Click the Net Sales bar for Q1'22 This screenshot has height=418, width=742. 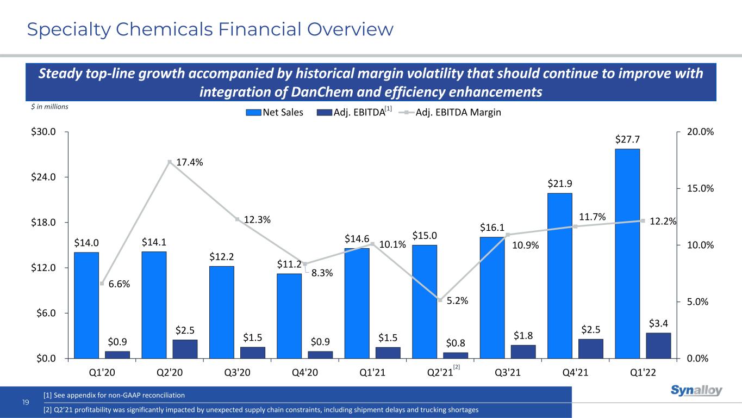coord(628,253)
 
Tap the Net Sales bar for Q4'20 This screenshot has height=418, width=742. coord(289,316)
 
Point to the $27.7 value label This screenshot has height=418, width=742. coord(627,139)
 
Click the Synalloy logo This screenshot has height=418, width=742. coord(696,391)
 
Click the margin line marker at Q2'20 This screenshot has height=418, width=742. coord(170,162)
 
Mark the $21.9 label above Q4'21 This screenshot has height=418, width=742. coord(559,184)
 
